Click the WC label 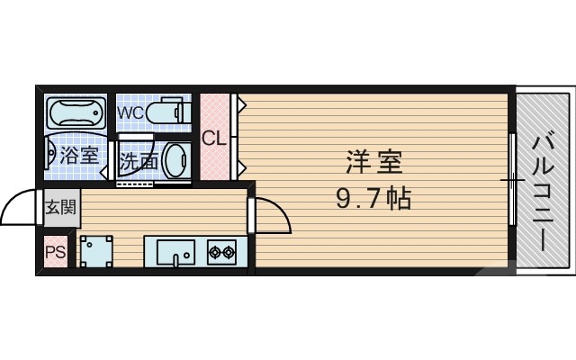coord(130,112)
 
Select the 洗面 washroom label coord(139,163)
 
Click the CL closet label coord(213,139)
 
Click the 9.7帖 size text coord(373,198)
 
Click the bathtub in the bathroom coord(76,113)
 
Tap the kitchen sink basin coord(171,253)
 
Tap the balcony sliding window coord(511,180)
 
